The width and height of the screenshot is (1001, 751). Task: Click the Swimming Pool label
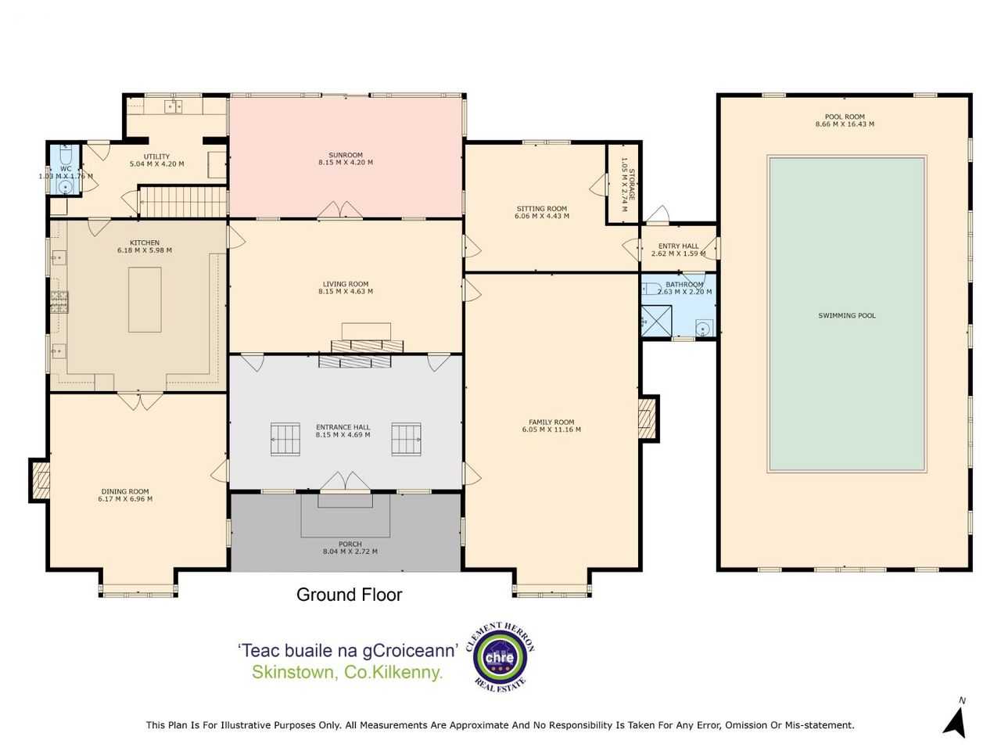tap(846, 315)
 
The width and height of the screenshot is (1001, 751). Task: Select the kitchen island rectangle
tap(145, 300)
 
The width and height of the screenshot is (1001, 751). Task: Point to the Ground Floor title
tap(350, 595)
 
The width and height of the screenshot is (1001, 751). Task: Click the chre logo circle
tap(500, 657)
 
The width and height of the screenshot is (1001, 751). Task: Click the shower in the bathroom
tap(657, 321)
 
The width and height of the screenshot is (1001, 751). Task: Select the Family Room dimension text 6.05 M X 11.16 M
tap(551, 429)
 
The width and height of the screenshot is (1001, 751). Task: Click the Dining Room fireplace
tap(40, 480)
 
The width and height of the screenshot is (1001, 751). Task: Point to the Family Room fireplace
tap(648, 418)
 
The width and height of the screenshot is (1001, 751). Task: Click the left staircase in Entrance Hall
tap(285, 439)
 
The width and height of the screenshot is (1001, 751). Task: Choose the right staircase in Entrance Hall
tap(406, 439)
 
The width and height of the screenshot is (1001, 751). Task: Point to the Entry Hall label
tap(678, 246)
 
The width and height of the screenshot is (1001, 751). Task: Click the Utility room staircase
tap(183, 203)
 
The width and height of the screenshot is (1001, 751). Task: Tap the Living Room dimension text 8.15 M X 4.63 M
tap(345, 291)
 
